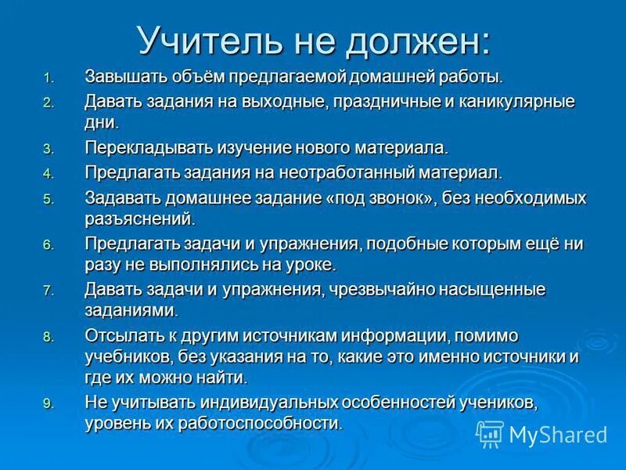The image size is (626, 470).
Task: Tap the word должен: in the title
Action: click(x=423, y=41)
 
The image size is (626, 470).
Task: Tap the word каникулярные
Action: click(x=510, y=102)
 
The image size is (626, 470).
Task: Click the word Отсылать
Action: click(x=122, y=335)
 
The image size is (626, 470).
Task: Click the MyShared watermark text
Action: click(x=558, y=434)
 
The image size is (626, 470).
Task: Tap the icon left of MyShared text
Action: click(x=490, y=433)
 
